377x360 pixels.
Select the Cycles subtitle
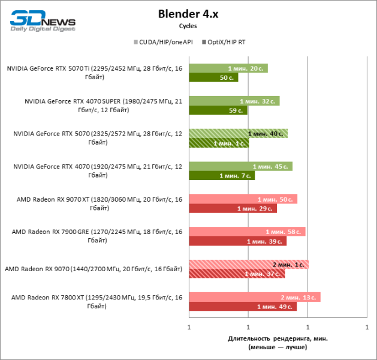coord(188,26)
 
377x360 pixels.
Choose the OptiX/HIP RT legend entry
coord(225,42)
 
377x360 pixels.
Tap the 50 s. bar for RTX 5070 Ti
coord(213,77)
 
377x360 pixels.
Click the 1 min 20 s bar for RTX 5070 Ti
coord(228,68)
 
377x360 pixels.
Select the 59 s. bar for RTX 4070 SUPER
coord(218,110)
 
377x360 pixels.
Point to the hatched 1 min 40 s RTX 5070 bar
coord(238,133)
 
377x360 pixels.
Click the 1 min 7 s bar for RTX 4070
coord(222,175)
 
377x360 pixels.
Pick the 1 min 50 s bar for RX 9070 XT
coord(243,199)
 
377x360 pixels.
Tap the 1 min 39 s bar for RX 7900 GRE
coord(237,241)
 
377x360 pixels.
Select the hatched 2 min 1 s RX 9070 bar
coord(248,264)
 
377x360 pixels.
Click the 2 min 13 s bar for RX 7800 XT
coord(254,297)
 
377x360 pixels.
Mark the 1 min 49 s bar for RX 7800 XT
coord(243,306)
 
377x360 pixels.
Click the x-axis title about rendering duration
coord(278,343)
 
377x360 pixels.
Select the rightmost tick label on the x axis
coord(366,328)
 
